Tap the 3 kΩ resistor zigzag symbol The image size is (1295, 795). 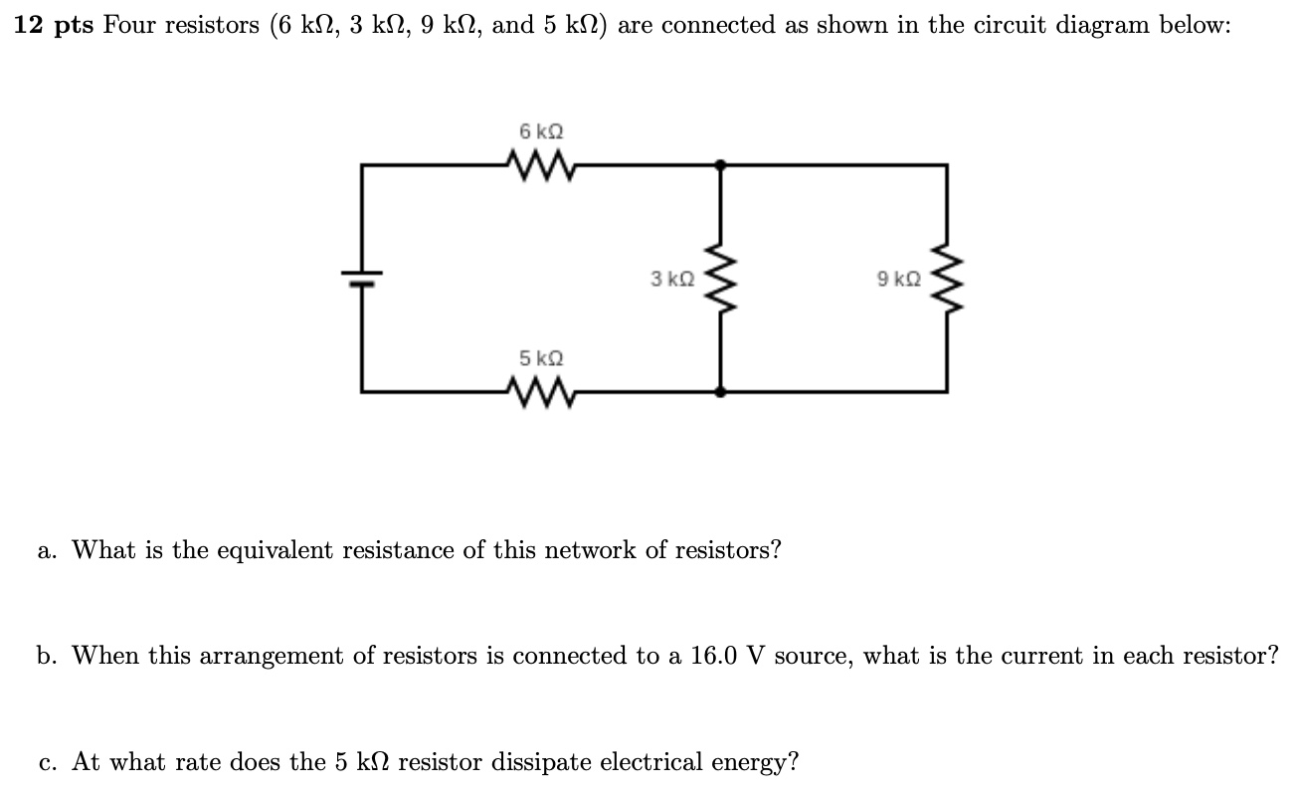point(722,279)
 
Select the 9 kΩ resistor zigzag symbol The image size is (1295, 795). point(946,279)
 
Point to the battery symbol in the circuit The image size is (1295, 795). point(361,278)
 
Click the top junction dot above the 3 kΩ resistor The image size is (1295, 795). point(722,165)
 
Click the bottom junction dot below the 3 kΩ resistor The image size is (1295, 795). point(722,391)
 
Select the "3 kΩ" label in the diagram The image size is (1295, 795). point(672,280)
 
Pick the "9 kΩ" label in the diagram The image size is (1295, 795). point(898,280)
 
